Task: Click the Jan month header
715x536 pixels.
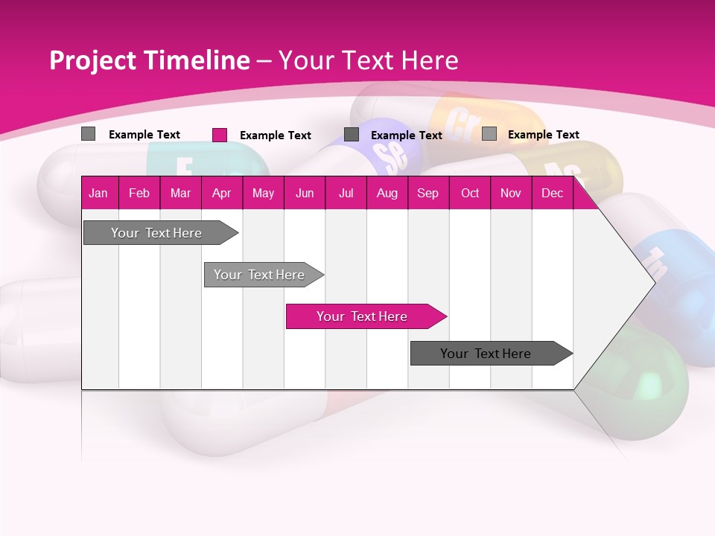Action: coord(98,193)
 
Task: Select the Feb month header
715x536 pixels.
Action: coord(139,193)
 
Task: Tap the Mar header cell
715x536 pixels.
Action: coord(180,193)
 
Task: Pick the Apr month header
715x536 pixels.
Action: coord(221,193)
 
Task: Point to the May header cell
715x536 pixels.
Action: coord(263,193)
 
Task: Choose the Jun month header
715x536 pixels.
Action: coord(305,193)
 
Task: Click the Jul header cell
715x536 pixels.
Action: coord(346,193)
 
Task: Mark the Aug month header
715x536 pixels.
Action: coord(387,193)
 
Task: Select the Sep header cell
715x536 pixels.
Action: coord(428,193)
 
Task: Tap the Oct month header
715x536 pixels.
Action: coord(470,193)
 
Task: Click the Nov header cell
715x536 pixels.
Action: coord(511,193)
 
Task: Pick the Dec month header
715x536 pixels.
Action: coord(552,193)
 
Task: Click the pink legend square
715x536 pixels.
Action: coord(220,135)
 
